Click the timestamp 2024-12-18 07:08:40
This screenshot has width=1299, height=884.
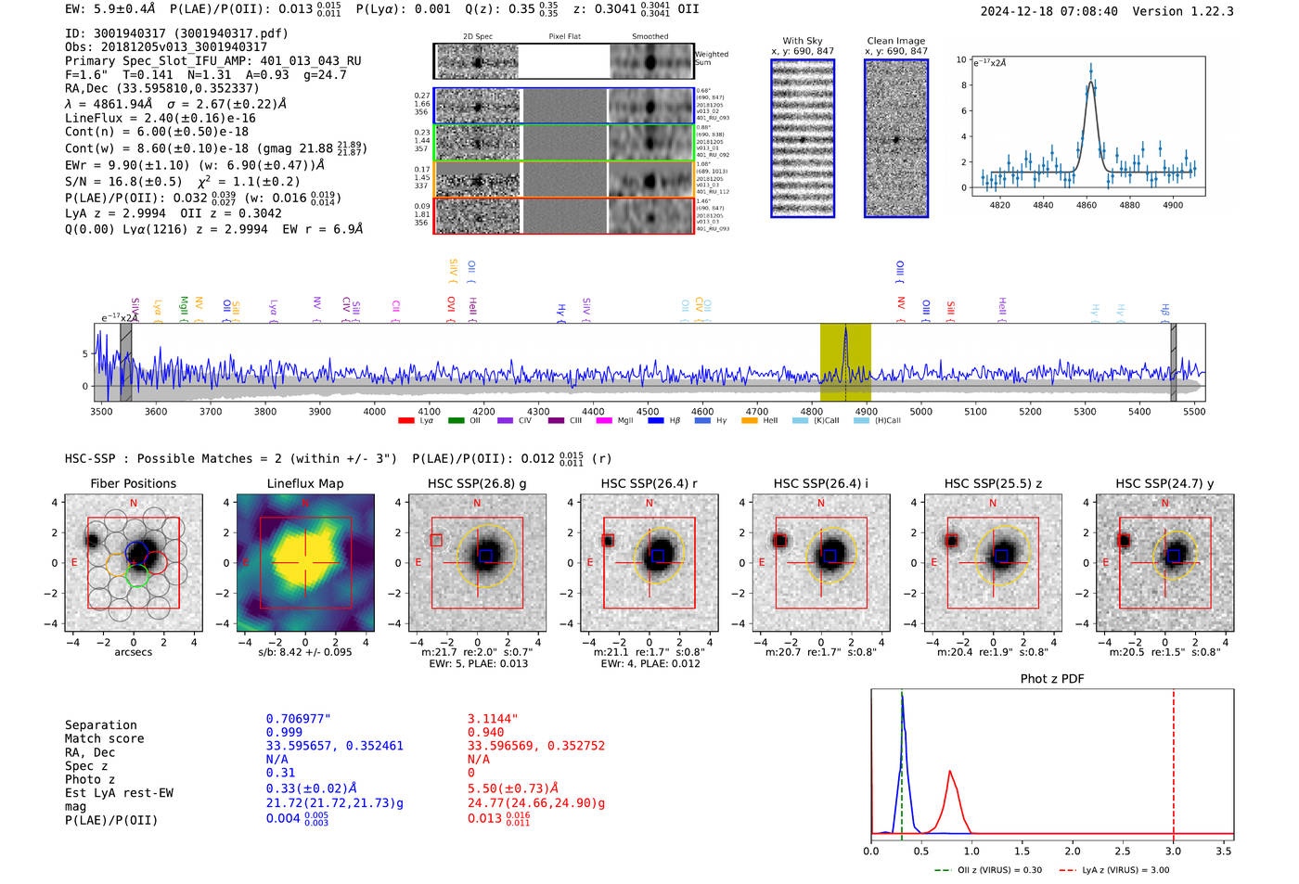tap(1048, 12)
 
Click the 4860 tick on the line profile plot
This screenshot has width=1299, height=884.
tap(1086, 205)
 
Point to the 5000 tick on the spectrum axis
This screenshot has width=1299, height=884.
tap(920, 412)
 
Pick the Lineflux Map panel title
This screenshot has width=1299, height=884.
tap(304, 483)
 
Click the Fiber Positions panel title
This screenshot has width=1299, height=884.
tap(133, 483)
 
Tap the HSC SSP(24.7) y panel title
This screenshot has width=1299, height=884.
tap(1164, 483)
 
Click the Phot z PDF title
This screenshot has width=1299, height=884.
tap(1052, 679)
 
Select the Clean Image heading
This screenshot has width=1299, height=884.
tap(895, 41)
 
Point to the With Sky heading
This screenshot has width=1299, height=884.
tap(802, 41)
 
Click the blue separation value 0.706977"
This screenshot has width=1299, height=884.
tap(298, 719)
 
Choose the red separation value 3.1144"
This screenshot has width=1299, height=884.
tap(493, 719)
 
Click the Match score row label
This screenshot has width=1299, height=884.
tap(104, 739)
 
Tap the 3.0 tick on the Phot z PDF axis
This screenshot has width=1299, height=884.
tap(1173, 851)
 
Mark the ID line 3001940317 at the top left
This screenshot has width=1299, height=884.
tap(176, 33)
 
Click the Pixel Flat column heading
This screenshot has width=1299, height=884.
tap(564, 37)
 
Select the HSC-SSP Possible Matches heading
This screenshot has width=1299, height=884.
tap(231, 459)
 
